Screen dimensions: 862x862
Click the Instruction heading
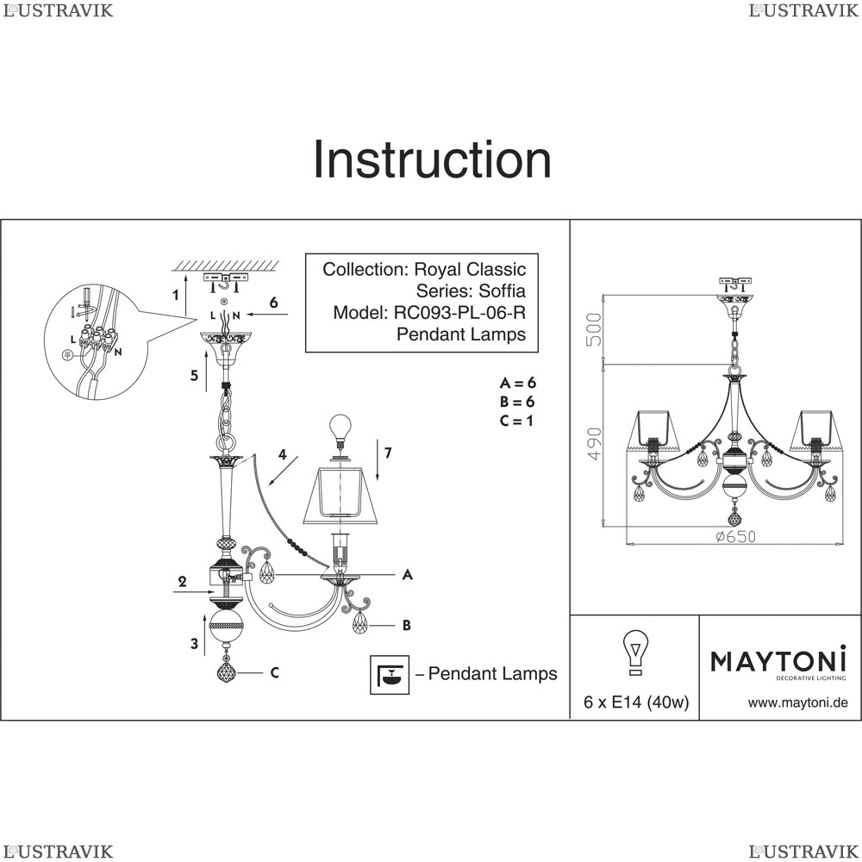(431, 159)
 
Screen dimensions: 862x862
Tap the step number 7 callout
(388, 453)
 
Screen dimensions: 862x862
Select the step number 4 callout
(281, 454)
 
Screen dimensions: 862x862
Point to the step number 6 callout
(273, 303)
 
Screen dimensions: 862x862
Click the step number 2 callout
(182, 582)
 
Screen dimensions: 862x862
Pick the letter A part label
(406, 574)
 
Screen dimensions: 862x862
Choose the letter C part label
(274, 673)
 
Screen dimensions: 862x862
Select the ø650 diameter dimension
(734, 536)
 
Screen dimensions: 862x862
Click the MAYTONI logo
(778, 662)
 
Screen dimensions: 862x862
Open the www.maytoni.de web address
(797, 703)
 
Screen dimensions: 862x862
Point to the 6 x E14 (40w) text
(636, 703)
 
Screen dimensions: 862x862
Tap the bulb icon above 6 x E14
(636, 651)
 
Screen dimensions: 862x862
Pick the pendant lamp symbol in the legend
(389, 674)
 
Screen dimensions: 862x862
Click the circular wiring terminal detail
(89, 342)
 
